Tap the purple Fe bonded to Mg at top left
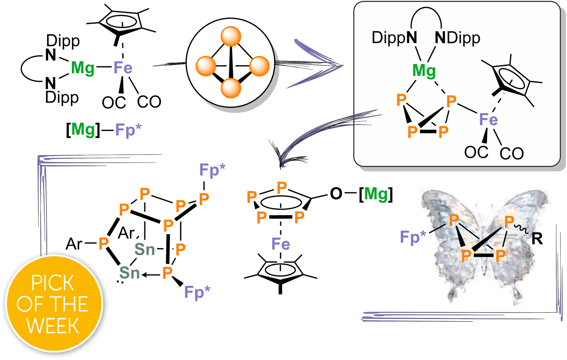[123, 67]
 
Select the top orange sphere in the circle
[231, 36]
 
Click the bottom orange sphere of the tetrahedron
[231, 88]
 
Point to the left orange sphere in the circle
[206, 66]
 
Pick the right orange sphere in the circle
[259, 66]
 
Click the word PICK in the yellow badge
[53, 283]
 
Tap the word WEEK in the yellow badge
[53, 326]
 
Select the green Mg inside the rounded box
[424, 71]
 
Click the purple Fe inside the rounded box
[489, 119]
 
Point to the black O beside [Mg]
[336, 194]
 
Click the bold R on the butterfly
[537, 238]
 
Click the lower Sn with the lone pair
[129, 273]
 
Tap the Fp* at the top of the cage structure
[212, 170]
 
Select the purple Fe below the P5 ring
[281, 244]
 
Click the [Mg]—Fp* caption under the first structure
[104, 130]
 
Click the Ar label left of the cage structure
[73, 244]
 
